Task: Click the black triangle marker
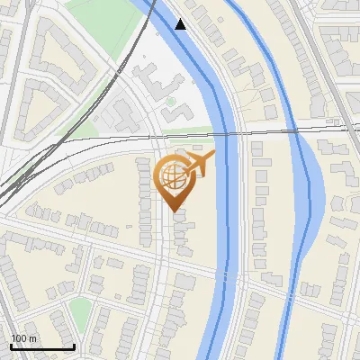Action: tap(181, 24)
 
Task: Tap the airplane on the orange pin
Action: tap(199, 164)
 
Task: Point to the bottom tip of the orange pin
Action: tap(175, 211)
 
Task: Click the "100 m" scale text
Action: tap(23, 338)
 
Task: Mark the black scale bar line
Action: tap(41, 346)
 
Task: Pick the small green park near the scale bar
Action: tap(80, 311)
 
